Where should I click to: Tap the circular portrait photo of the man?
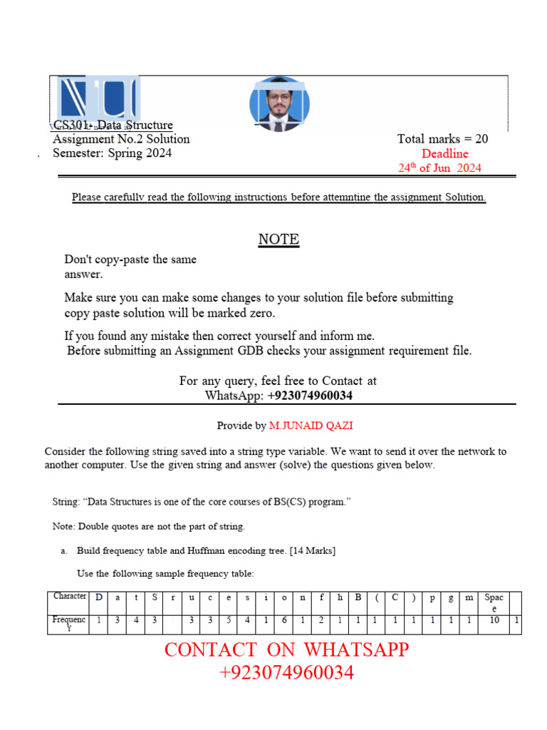coord(279,104)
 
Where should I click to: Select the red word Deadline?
coord(444,153)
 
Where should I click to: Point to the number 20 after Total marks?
coord(481,139)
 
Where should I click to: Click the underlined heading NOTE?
coord(278,240)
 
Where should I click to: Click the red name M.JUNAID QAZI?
coord(311,426)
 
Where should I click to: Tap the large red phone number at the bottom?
coord(286,672)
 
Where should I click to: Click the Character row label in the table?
coord(70,597)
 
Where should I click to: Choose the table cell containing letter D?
coord(98,597)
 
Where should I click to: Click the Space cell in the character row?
coord(494,602)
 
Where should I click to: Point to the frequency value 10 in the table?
coord(494,621)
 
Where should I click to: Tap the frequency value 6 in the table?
coord(284,621)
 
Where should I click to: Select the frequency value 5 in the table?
coord(228,621)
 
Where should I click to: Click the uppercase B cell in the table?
coord(358,597)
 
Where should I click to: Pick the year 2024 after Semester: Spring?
coord(157,153)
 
